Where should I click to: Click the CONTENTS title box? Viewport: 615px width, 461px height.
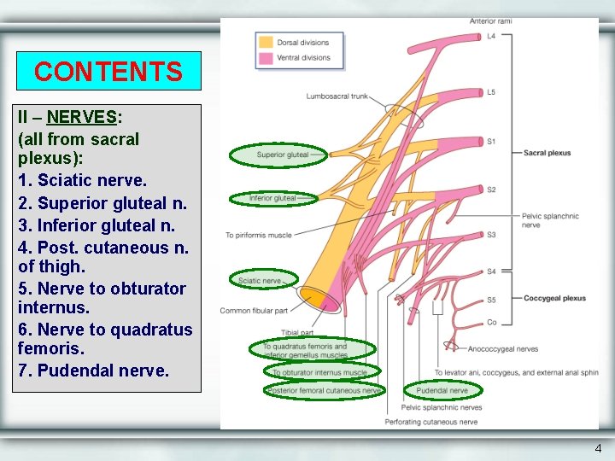click(108, 71)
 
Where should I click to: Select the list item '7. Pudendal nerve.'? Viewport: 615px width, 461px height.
click(93, 371)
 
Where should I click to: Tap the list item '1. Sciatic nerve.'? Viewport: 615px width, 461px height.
click(82, 181)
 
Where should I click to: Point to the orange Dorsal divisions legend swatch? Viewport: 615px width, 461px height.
click(266, 42)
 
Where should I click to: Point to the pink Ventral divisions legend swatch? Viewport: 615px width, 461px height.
click(266, 57)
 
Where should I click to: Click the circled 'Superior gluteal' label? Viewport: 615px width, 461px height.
click(283, 155)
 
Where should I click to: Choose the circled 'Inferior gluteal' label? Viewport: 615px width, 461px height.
click(272, 198)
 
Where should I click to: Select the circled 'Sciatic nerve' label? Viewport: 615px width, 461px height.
click(260, 280)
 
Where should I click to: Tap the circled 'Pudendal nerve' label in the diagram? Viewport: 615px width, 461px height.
click(442, 390)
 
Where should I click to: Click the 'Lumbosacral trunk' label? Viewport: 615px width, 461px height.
click(337, 96)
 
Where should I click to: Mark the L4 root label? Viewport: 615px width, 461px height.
click(491, 37)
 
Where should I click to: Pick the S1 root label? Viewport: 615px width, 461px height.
click(491, 141)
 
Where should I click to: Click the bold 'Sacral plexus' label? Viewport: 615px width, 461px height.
click(547, 153)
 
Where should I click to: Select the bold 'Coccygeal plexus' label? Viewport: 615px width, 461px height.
click(554, 299)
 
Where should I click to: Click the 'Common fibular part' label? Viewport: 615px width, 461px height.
click(253, 311)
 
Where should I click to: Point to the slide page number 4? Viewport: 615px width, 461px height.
click(598, 448)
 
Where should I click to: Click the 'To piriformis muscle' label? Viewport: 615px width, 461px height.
click(258, 235)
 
